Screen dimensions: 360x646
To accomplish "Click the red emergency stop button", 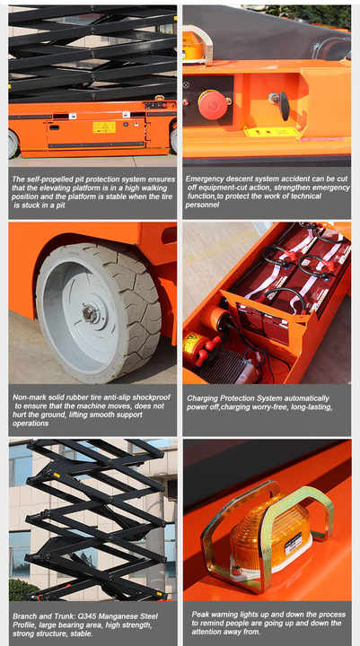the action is click(x=213, y=104).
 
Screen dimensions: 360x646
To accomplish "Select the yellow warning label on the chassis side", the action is click(x=104, y=127).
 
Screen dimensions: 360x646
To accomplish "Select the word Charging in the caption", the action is click(x=202, y=398).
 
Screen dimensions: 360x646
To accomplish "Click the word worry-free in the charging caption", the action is click(x=269, y=407).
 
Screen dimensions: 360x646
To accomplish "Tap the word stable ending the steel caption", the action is click(x=81, y=633).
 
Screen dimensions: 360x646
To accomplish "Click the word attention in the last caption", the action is click(x=209, y=632).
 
